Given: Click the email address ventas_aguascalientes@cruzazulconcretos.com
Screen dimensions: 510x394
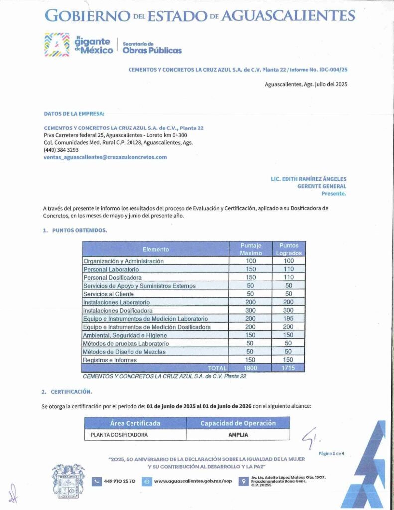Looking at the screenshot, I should (x=106, y=157).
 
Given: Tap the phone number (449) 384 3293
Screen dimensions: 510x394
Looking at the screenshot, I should (x=61, y=150).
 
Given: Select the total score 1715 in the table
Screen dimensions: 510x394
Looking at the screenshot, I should (x=288, y=368).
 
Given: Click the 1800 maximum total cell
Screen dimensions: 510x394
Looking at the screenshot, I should (x=251, y=368).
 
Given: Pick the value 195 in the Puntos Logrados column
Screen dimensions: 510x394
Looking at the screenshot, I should (x=288, y=319).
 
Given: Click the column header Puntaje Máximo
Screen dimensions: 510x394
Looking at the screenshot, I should (x=251, y=249).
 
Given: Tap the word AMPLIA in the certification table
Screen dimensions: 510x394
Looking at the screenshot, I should (x=238, y=435).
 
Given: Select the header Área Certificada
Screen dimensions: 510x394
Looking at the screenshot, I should (x=135, y=423).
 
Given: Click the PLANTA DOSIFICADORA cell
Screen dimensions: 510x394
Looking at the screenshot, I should (x=119, y=435).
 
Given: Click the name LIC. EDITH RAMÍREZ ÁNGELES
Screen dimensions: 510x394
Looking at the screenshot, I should (x=308, y=179).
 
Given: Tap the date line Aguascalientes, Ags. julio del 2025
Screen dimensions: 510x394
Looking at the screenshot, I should (x=305, y=84).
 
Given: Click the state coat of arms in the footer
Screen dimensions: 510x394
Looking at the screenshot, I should (x=68, y=480).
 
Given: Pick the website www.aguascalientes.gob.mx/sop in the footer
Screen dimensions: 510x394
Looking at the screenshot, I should (x=193, y=481).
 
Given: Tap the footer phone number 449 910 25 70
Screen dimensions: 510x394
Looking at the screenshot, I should (x=120, y=481).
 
